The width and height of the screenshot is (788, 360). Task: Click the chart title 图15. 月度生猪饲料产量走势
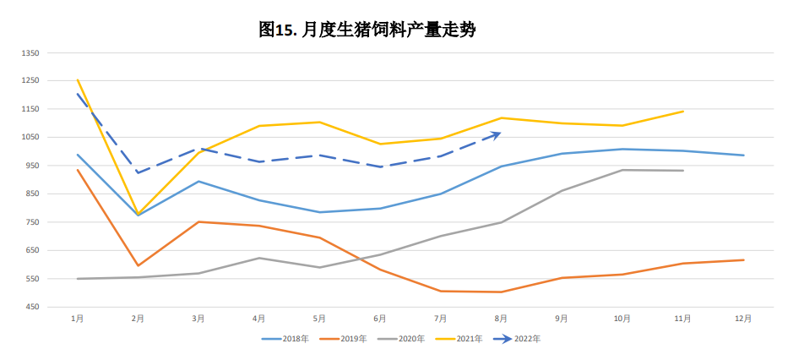pos(367,30)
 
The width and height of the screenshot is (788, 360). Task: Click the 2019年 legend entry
pos(352,339)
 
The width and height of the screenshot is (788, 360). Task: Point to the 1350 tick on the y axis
pos(30,52)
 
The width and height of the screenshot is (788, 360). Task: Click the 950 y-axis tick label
pos(32,166)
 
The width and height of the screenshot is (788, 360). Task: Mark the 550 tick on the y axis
pos(32,279)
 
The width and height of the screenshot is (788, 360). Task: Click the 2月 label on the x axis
pos(138,319)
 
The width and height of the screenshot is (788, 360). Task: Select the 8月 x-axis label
pos(501,319)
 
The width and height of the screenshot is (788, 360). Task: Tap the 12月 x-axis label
pos(743,319)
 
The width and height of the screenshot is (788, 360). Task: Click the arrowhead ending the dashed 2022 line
pos(499,133)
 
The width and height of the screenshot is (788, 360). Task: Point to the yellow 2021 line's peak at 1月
pos(77,79)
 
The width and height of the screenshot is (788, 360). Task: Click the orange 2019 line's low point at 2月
pos(138,265)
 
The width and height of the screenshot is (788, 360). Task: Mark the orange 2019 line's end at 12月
pos(743,259)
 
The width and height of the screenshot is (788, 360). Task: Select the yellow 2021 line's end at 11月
pos(682,111)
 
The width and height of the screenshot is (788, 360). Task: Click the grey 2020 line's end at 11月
pos(682,171)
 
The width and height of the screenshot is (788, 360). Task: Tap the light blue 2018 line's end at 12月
pos(743,155)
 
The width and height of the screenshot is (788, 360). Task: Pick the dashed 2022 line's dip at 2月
pos(138,172)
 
